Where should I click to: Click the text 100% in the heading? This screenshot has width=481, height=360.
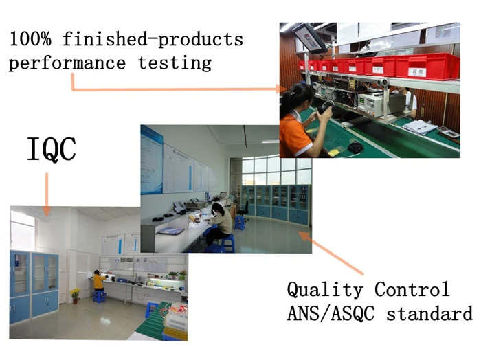(30, 39)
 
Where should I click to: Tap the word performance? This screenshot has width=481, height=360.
(67, 63)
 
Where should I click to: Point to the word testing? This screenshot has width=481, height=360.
(175, 63)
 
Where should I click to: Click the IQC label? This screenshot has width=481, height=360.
(52, 149)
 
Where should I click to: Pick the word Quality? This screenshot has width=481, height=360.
(325, 290)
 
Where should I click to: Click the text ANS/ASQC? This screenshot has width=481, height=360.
(331, 313)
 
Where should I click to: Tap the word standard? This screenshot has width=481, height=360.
(429, 313)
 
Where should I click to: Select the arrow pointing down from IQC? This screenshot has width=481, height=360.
(47, 195)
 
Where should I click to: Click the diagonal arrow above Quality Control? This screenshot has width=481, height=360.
(331, 252)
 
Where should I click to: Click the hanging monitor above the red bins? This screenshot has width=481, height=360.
(310, 38)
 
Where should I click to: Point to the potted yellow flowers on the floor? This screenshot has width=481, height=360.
(75, 295)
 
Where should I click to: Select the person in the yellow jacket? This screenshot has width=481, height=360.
(99, 281)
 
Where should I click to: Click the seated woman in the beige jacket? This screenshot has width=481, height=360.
(219, 223)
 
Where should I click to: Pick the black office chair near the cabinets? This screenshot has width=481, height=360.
(244, 210)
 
